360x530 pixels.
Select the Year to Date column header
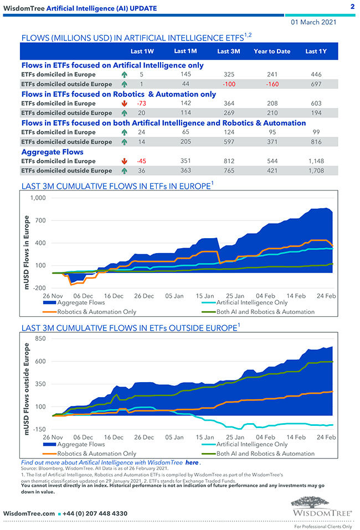pos(272,52)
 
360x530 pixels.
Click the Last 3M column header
pos(228,52)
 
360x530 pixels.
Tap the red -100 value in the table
pos(228,84)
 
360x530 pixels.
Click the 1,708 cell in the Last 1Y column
pos(316,171)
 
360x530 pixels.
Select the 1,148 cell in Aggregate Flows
pos(316,161)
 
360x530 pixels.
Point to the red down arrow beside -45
pos(125,161)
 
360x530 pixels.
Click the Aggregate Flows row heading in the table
pos(53,151)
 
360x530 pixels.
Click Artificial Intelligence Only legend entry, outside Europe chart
pos(251,444)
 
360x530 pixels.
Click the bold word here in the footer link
pos(192,462)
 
